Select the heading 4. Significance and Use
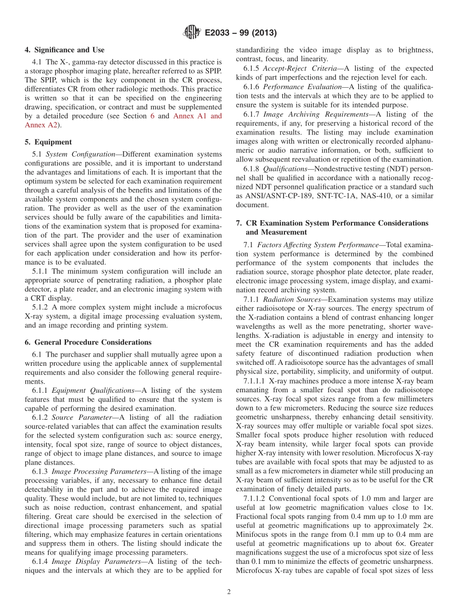(64, 50)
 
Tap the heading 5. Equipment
(48, 142)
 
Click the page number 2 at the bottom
(229, 592)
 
